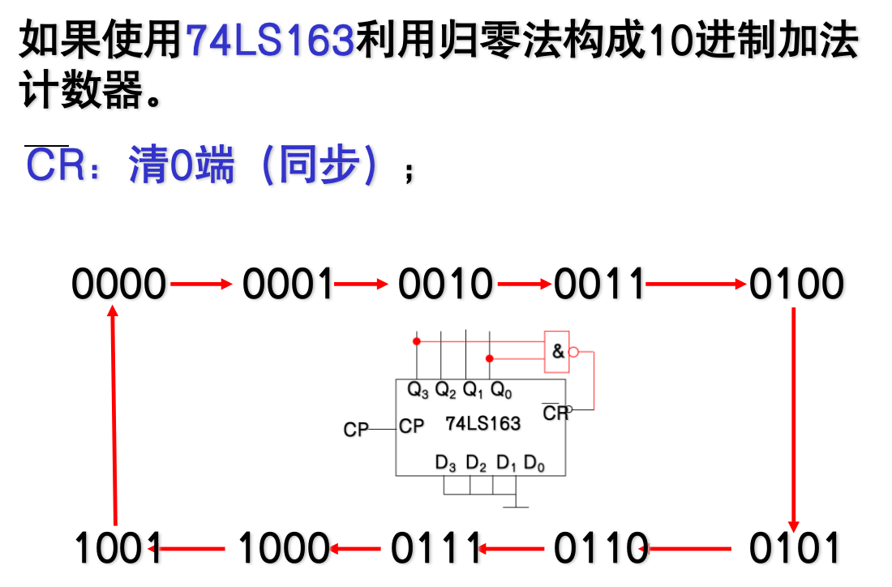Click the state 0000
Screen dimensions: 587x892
coord(118,285)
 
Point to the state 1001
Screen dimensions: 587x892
coord(118,549)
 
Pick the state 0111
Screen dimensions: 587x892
coord(436,549)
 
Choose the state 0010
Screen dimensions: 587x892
coord(445,285)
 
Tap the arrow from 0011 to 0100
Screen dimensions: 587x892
coord(697,284)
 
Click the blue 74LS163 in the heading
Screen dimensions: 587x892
coord(270,41)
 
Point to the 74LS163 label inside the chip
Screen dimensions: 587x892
coord(483,423)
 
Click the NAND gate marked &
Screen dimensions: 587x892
coord(558,352)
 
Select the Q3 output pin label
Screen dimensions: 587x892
coord(418,391)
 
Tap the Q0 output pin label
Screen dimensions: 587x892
coord(501,391)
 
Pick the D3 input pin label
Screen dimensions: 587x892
coord(446,464)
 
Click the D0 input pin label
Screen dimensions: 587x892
coord(534,464)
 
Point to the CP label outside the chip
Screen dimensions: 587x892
coord(356,430)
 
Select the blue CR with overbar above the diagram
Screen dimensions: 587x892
coord(55,166)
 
